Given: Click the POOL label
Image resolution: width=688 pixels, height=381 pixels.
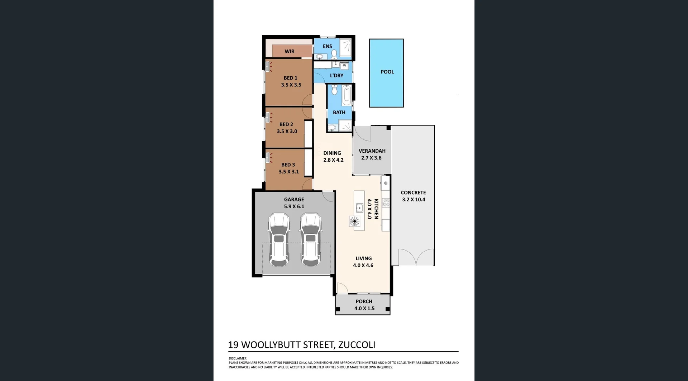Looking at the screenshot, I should (x=387, y=72).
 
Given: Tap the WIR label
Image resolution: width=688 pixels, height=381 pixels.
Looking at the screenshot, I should (x=290, y=52).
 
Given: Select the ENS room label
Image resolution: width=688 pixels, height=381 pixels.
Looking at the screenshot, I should (x=327, y=46).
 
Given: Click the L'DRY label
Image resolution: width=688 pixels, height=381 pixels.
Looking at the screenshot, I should (x=336, y=76).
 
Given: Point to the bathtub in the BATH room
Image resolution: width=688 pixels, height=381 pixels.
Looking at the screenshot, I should (x=347, y=95).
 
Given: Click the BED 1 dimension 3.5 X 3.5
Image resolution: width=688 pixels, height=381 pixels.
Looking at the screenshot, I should (x=291, y=85).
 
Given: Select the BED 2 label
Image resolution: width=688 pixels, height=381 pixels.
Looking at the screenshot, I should (x=286, y=124).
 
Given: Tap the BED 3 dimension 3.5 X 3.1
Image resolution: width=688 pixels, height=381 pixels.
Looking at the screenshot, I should (x=288, y=172).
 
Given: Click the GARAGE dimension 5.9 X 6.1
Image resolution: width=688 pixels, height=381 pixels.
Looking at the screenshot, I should (x=294, y=206).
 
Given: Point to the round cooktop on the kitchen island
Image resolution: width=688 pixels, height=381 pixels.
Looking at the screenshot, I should (x=354, y=221).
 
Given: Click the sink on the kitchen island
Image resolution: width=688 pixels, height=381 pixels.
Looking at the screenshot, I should (x=359, y=208).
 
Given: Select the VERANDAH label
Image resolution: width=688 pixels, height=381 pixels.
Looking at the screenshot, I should (x=372, y=151).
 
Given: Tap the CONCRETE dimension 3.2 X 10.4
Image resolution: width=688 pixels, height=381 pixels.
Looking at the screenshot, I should (x=414, y=200).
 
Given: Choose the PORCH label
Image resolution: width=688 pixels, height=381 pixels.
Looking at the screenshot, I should (x=364, y=301).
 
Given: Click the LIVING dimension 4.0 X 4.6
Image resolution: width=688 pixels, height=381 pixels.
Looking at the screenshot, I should (x=363, y=266).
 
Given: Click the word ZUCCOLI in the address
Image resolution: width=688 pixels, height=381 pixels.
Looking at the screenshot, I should (x=357, y=345).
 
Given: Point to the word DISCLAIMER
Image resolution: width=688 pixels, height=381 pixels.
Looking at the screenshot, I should (x=238, y=358).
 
